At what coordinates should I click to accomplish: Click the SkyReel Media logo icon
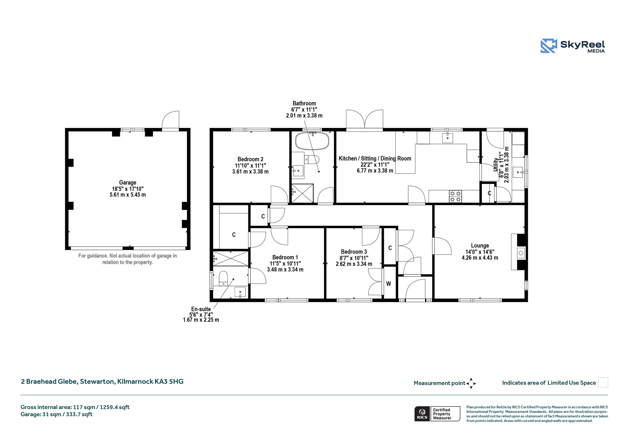549,46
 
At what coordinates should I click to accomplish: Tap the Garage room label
128,182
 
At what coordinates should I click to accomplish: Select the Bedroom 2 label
250,159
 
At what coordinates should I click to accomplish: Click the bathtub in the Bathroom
312,141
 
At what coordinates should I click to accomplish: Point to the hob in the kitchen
455,196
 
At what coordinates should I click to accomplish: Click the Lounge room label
480,245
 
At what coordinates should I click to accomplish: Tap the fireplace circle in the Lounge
521,253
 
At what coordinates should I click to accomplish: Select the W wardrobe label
389,284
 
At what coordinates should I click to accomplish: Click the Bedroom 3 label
354,252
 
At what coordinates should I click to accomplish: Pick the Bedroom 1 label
285,257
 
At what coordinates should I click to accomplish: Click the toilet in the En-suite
223,278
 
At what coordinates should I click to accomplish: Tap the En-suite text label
201,309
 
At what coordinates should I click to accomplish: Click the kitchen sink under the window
447,138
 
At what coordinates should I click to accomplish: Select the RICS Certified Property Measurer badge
437,414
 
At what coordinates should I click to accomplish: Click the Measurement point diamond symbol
471,383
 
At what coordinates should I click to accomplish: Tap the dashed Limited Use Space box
603,382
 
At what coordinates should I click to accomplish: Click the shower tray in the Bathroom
303,193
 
